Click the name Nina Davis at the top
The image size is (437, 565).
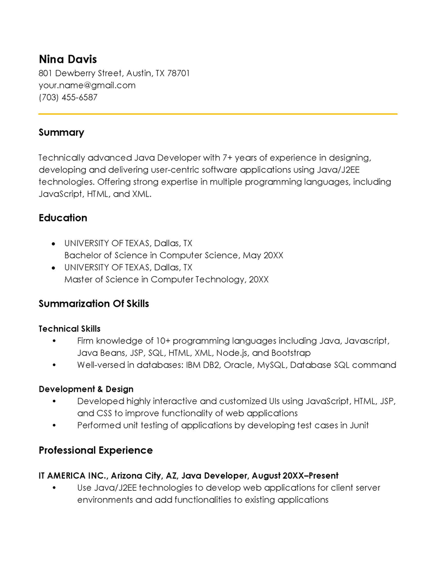(x=67, y=59)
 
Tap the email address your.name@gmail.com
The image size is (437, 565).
(x=87, y=85)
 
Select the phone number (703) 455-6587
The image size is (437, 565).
(x=68, y=98)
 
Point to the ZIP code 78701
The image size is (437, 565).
(x=179, y=73)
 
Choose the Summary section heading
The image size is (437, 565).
(x=61, y=133)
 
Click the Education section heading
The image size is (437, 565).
(x=63, y=218)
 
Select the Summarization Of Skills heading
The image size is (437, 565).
(x=93, y=304)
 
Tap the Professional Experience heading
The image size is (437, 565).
(x=96, y=450)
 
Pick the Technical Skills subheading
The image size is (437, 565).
(x=69, y=329)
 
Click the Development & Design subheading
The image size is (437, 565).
(x=86, y=389)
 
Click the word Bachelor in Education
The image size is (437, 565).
(x=82, y=255)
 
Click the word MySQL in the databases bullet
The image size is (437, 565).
(x=270, y=365)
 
